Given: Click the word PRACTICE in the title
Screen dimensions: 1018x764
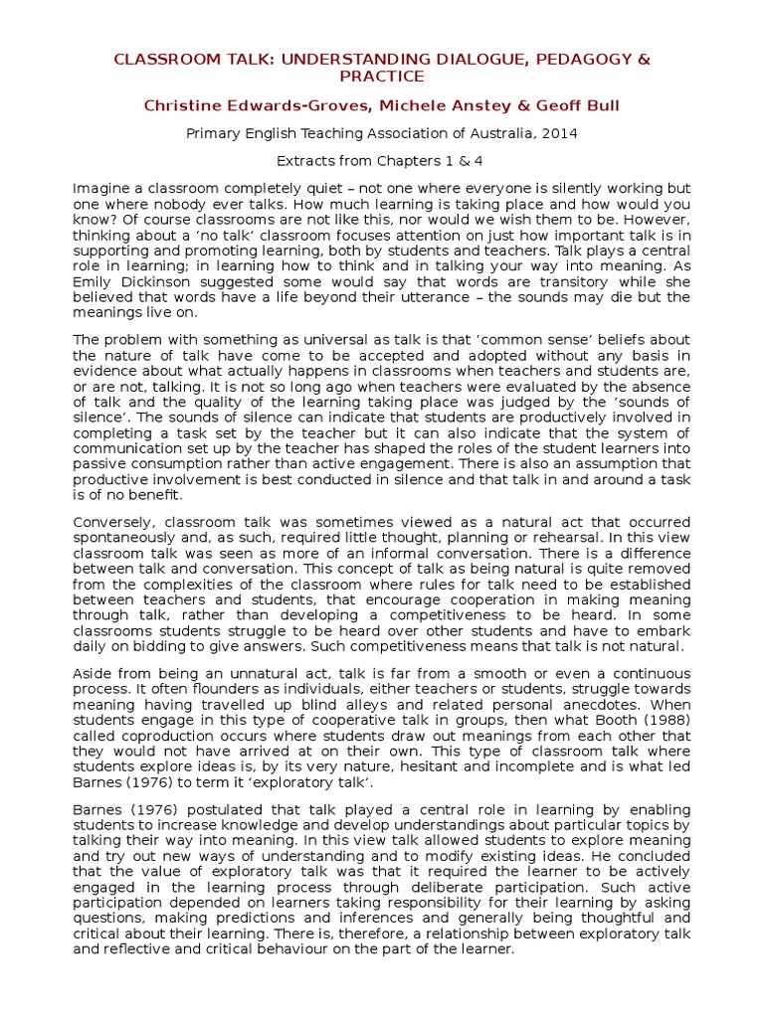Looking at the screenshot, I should pyautogui.click(x=382, y=77).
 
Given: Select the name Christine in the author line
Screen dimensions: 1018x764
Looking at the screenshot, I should pyautogui.click(x=183, y=104).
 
